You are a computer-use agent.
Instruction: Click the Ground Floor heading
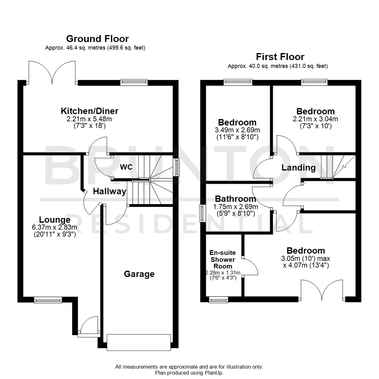point(97,39)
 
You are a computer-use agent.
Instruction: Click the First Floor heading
point(280,56)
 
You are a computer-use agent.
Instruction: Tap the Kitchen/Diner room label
point(89,111)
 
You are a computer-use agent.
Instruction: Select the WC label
point(126,167)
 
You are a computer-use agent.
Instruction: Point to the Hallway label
point(109,192)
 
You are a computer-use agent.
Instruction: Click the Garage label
point(139,274)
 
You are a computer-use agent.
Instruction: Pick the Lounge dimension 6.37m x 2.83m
point(54,228)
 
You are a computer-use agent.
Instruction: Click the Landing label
point(299,168)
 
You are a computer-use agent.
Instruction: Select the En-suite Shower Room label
point(222,259)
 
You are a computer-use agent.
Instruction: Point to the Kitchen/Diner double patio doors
point(52,73)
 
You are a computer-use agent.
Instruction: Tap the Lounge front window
point(47,300)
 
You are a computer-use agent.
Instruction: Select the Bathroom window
point(202,213)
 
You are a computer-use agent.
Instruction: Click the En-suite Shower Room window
point(218,300)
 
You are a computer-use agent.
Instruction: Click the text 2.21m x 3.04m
point(315,119)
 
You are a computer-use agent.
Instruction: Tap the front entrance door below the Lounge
point(88,326)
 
